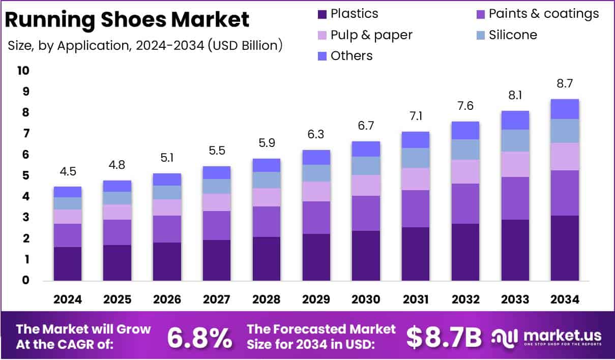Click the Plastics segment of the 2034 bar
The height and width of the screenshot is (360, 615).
(x=564, y=248)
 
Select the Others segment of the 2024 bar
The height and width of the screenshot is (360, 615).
(x=68, y=192)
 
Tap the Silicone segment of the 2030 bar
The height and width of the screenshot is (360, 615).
(x=366, y=166)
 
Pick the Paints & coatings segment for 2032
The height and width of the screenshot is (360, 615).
(x=465, y=203)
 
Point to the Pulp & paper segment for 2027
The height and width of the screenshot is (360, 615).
(x=217, y=202)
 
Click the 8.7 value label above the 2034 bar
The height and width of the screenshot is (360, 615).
(x=564, y=83)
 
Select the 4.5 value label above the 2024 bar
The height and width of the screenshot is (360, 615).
(x=68, y=171)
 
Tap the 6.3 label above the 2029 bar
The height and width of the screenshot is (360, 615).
(x=316, y=135)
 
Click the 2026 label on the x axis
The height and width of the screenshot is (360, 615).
(x=167, y=299)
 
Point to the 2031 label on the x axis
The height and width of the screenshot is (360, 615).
(x=415, y=299)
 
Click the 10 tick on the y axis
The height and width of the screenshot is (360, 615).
(x=23, y=71)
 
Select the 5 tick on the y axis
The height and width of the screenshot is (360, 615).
(x=26, y=176)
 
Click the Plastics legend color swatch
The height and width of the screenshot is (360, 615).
(x=322, y=14)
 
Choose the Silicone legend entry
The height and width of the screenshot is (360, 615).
(x=512, y=35)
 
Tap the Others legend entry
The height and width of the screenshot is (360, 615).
(x=351, y=55)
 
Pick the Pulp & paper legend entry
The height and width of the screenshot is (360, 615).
(x=371, y=35)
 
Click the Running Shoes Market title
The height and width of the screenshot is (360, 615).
(x=127, y=19)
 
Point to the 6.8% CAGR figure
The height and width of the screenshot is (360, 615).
(x=199, y=337)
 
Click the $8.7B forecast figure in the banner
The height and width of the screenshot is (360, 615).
(x=444, y=337)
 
